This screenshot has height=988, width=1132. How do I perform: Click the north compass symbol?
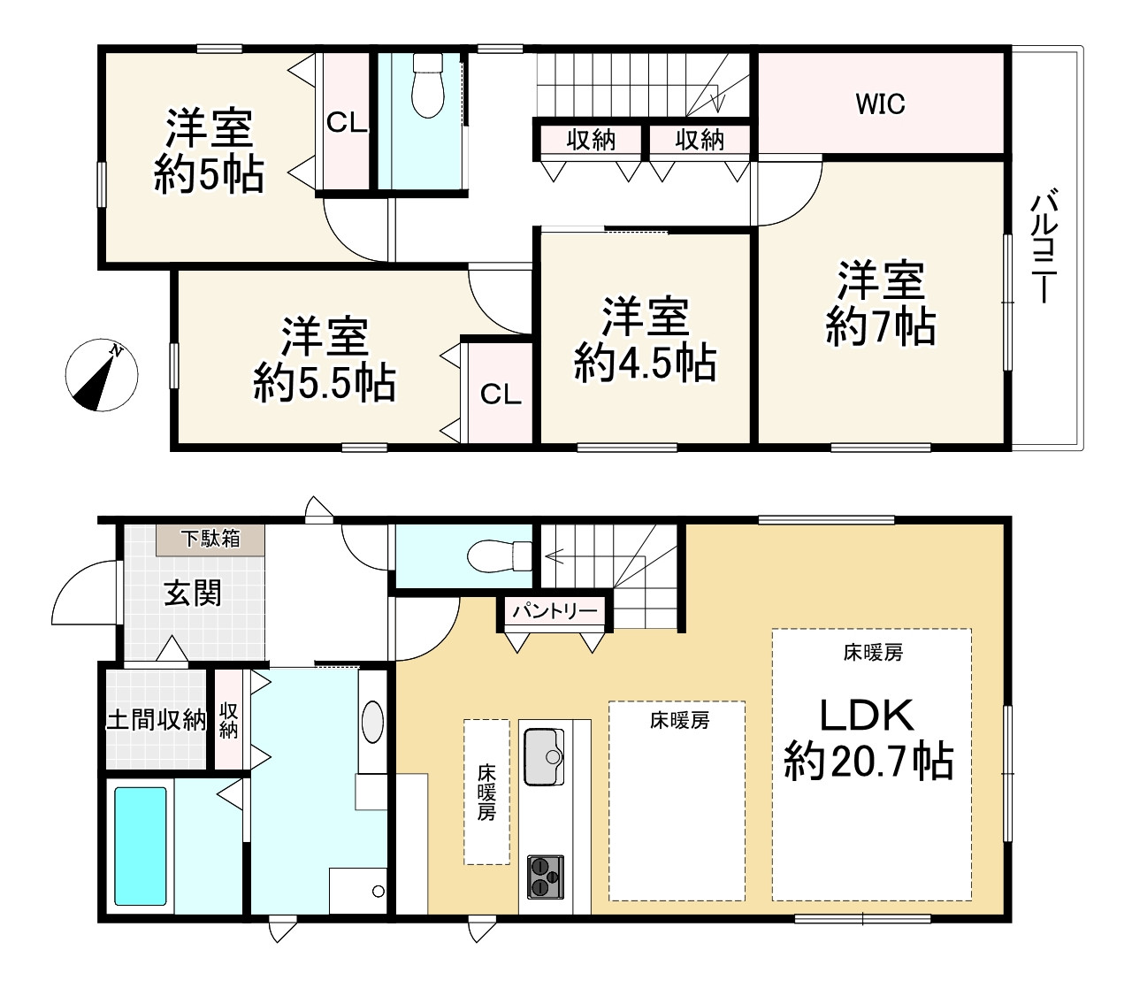point(101,374)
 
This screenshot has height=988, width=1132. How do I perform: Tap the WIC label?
point(880,104)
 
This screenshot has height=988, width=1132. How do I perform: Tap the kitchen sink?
point(544,757)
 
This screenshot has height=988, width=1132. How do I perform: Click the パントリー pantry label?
point(555,610)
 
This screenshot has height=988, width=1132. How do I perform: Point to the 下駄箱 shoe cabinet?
point(210,540)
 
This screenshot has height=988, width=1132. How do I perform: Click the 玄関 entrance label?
point(193,593)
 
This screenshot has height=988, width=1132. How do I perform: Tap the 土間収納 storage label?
point(156,720)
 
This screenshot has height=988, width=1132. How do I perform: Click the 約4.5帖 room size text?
point(645,364)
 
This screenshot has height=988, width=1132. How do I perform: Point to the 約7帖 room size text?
point(881,326)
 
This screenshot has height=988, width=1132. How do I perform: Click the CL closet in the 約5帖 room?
point(347,122)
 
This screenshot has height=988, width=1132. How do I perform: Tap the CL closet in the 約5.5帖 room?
point(501,394)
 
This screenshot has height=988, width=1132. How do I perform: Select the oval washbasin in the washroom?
point(372,722)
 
